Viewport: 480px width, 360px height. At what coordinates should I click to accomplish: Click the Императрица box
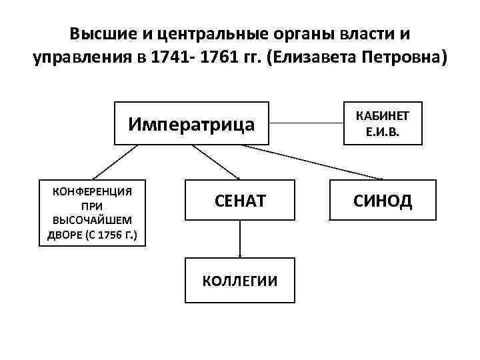tap(191, 123)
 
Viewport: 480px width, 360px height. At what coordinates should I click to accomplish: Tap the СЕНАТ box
tap(240, 200)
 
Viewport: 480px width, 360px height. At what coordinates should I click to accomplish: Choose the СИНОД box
tap(383, 200)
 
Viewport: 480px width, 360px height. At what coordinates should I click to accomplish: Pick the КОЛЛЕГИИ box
tap(240, 281)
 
